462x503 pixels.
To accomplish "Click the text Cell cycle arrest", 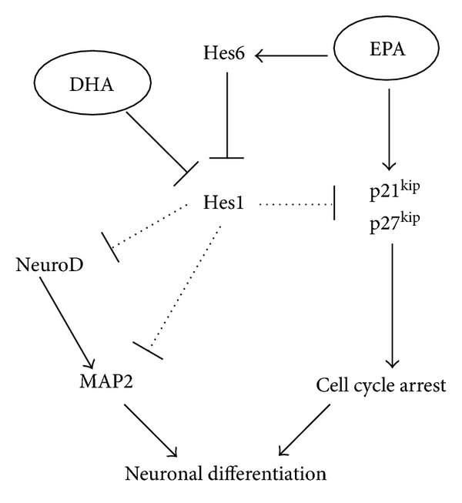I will (381, 385).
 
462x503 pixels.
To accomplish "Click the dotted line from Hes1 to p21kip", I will (296, 205).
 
